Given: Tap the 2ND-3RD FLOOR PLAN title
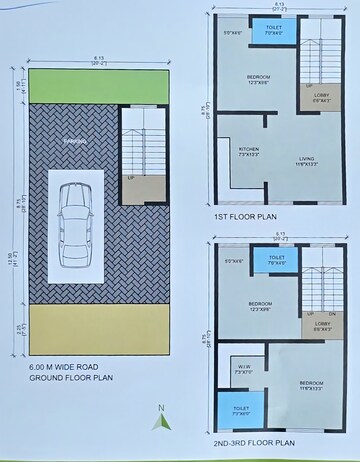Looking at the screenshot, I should (253, 441).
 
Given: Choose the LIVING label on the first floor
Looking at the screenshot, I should (306, 158).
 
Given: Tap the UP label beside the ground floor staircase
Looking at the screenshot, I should (131, 178).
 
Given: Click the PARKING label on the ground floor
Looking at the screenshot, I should (76, 141).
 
